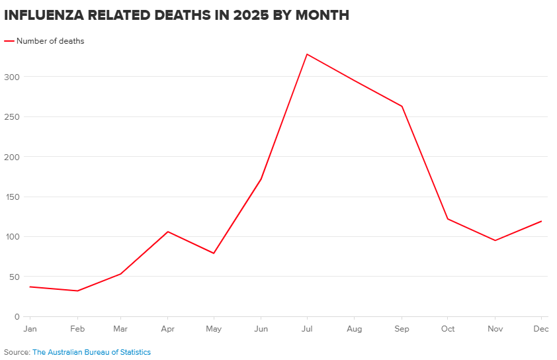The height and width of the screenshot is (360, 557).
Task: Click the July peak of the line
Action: [x=307, y=54]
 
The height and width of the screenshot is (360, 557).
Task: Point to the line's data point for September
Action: [x=402, y=106]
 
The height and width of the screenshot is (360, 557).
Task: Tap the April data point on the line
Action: [x=168, y=232]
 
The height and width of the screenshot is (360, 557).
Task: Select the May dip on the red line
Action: [x=214, y=253]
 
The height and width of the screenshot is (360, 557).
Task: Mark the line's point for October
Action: [x=448, y=218]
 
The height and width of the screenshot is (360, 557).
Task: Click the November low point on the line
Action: [x=495, y=240]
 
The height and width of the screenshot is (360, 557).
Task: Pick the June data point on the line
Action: [x=261, y=179]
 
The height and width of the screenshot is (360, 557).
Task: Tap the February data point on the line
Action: [x=77, y=291]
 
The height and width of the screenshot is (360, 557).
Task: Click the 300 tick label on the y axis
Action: [x=13, y=77]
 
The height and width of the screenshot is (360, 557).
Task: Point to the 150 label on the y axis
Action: [x=13, y=197]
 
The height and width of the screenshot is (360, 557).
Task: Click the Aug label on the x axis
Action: [x=355, y=329]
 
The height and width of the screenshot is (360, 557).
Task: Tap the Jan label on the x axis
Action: [x=30, y=329]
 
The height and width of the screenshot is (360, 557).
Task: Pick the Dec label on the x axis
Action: [x=540, y=329]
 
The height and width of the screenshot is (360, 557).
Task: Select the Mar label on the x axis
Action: [x=120, y=329]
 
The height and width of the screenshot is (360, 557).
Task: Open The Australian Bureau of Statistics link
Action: [x=91, y=352]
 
